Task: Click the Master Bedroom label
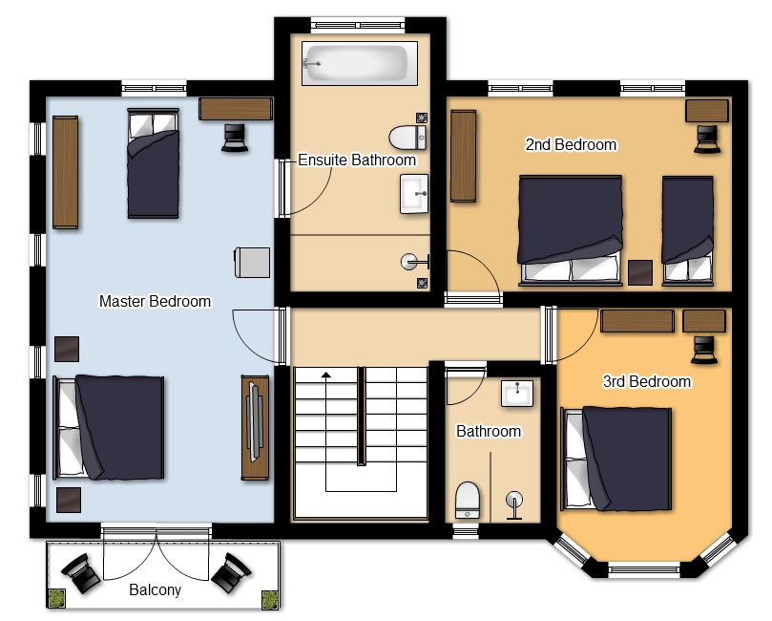156,301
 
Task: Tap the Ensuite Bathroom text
357,161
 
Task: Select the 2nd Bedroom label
571,144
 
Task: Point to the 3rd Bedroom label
647,381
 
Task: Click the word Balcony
156,590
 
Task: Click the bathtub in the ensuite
360,64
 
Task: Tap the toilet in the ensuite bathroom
407,137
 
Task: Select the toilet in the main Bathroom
468,501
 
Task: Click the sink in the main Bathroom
517,393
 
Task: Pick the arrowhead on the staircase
326,375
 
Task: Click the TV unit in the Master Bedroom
255,427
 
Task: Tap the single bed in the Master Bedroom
153,163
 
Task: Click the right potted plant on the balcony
270,600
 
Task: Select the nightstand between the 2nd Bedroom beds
640,272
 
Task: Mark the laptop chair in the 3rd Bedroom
704,350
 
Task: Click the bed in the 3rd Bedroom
616,459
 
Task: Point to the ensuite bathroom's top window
358,25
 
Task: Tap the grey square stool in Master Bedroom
252,262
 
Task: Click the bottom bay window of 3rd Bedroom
644,569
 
